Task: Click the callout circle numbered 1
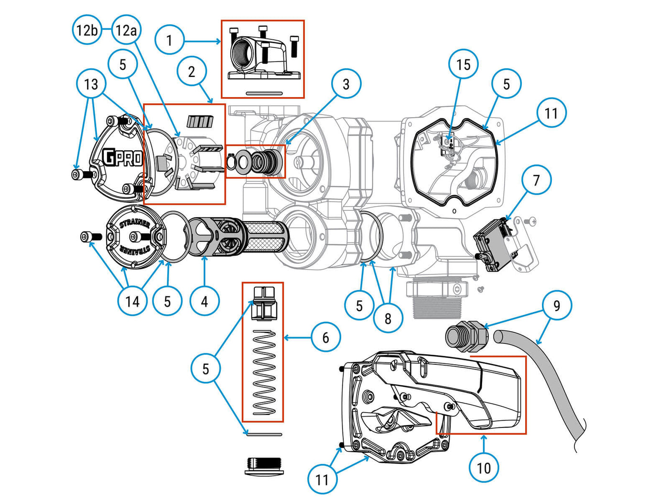(169, 40)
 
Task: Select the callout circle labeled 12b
(87, 30)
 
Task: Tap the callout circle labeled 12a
(126, 30)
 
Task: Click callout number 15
(463, 64)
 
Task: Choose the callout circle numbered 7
(536, 180)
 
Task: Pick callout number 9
(557, 306)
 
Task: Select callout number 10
(484, 467)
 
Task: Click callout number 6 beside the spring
(325, 338)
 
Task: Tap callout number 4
(205, 301)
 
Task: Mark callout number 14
(132, 301)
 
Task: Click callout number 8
(388, 318)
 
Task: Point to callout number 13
(91, 84)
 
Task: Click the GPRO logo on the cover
(122, 157)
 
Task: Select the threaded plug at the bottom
(264, 465)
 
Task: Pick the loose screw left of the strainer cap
(91, 236)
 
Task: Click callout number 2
(191, 72)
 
